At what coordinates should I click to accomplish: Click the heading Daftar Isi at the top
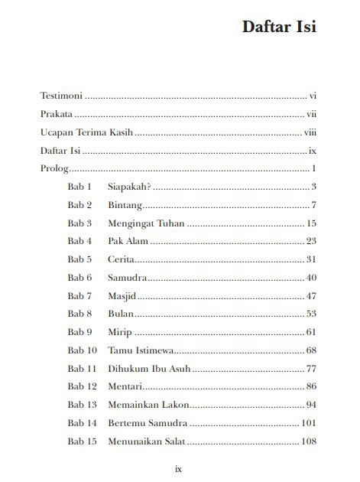[x=279, y=27]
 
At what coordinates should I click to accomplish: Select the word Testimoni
[x=61, y=96]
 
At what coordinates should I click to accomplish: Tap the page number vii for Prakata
[x=311, y=114]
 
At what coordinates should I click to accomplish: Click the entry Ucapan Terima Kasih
[x=86, y=132]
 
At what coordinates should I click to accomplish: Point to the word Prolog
[x=54, y=168]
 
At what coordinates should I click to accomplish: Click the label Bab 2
[x=79, y=205]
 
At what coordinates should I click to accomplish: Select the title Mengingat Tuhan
[x=146, y=223]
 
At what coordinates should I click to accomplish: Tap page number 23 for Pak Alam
[x=311, y=242]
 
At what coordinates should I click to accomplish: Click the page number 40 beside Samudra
[x=311, y=278]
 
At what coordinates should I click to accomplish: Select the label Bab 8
[x=79, y=314]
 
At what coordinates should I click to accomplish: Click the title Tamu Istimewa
[x=141, y=350]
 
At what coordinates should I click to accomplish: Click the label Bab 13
[x=82, y=405]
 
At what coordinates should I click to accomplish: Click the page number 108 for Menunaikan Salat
[x=309, y=441]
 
